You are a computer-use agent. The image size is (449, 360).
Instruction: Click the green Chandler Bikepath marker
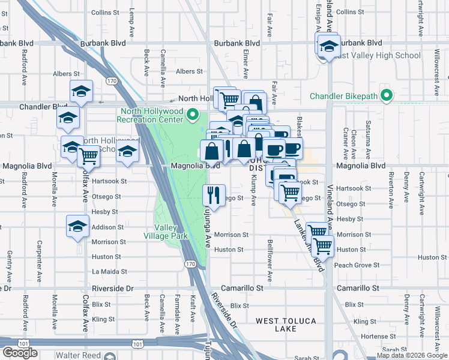coord(387,96)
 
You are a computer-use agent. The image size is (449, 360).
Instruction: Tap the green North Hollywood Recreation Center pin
coord(192,114)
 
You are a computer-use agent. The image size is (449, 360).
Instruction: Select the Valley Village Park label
coord(171,232)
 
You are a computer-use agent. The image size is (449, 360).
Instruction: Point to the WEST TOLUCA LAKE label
coord(286,321)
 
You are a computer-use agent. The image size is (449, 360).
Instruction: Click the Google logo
coord(20,353)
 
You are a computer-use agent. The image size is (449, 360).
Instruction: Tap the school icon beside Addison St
coord(77,226)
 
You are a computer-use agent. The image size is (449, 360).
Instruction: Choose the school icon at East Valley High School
coord(328,46)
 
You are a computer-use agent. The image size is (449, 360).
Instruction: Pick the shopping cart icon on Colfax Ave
coord(89,155)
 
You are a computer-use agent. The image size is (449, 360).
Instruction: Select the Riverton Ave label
coord(391,190)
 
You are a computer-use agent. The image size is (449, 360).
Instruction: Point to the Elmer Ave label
coord(246,63)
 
